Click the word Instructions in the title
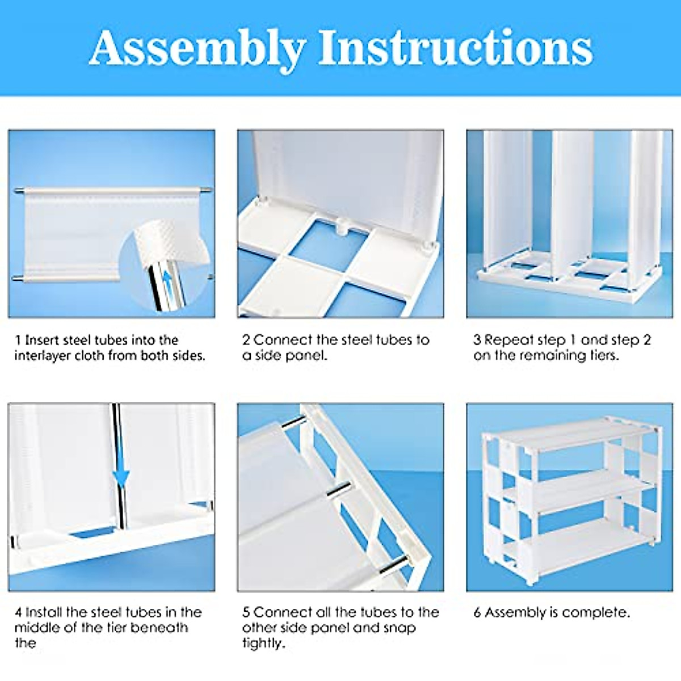tap(455, 48)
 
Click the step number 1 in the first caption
tap(18, 340)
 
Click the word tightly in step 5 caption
tap(263, 644)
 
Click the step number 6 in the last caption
tap(477, 612)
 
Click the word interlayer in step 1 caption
tap(43, 356)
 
